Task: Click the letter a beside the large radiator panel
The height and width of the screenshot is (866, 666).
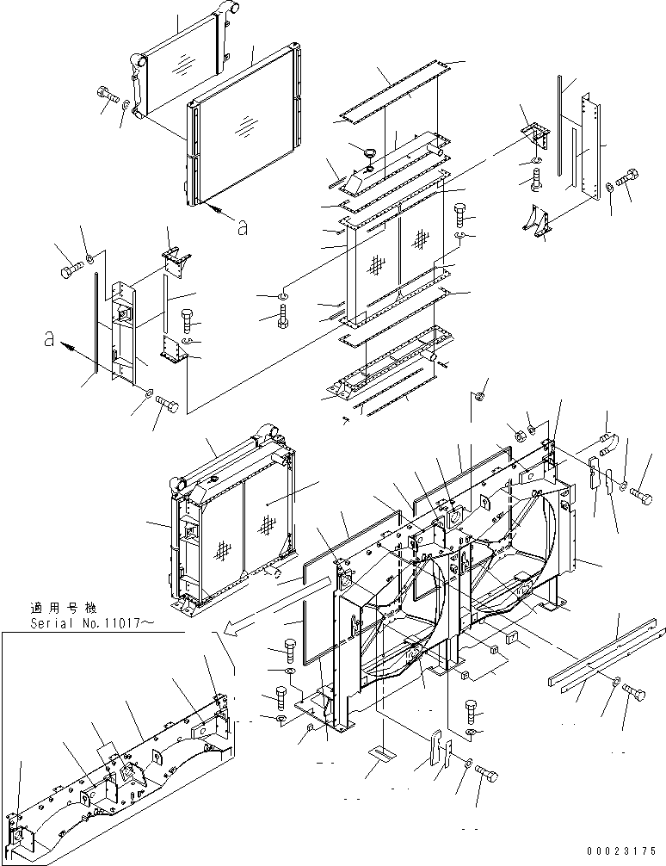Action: point(244,226)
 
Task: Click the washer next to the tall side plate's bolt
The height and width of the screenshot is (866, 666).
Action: point(609,185)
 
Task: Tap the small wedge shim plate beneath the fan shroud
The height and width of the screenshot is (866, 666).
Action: point(379,752)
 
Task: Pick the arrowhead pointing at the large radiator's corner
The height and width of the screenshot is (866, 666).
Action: point(213,208)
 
